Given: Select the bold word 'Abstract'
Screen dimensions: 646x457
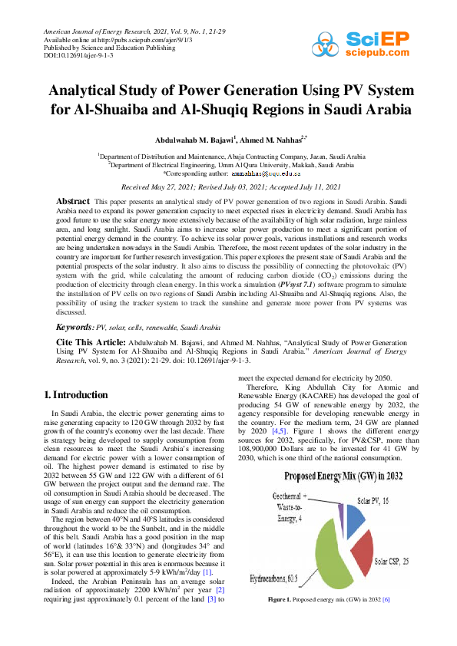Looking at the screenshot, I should (x=75, y=200).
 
